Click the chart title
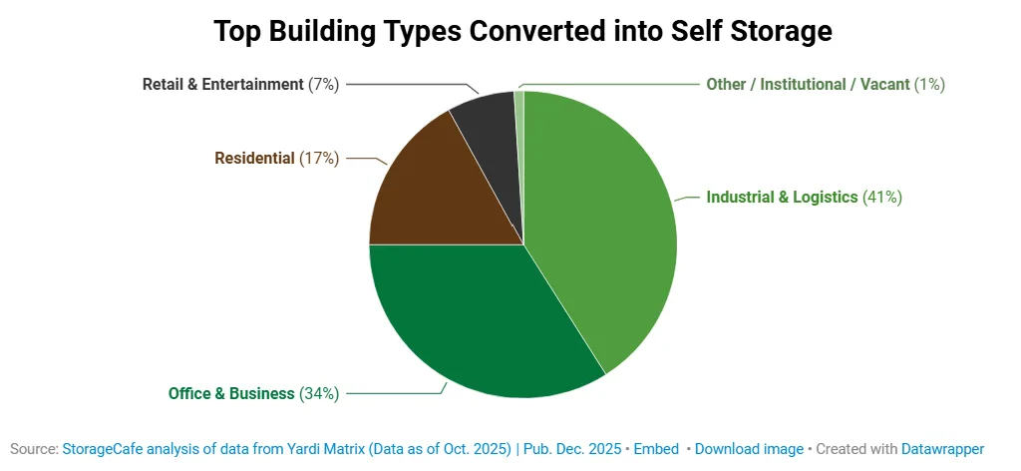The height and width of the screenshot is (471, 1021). [x=522, y=32]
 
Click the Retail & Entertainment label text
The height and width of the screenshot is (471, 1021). [x=222, y=85]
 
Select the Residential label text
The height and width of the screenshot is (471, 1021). [x=254, y=158]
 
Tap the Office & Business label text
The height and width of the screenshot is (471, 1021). [x=231, y=393]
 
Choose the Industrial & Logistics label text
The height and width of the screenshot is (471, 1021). [x=782, y=198]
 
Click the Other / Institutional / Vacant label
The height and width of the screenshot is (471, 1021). [x=808, y=85]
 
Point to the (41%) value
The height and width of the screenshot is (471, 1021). [x=882, y=198]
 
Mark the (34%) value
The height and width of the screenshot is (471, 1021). [x=319, y=393]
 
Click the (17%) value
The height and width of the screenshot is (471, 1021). [x=319, y=158]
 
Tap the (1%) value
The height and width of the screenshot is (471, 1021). [x=929, y=85]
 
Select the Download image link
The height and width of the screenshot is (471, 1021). [x=749, y=449]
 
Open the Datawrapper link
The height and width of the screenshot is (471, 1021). [x=942, y=449]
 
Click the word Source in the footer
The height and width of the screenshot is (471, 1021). [x=34, y=449]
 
